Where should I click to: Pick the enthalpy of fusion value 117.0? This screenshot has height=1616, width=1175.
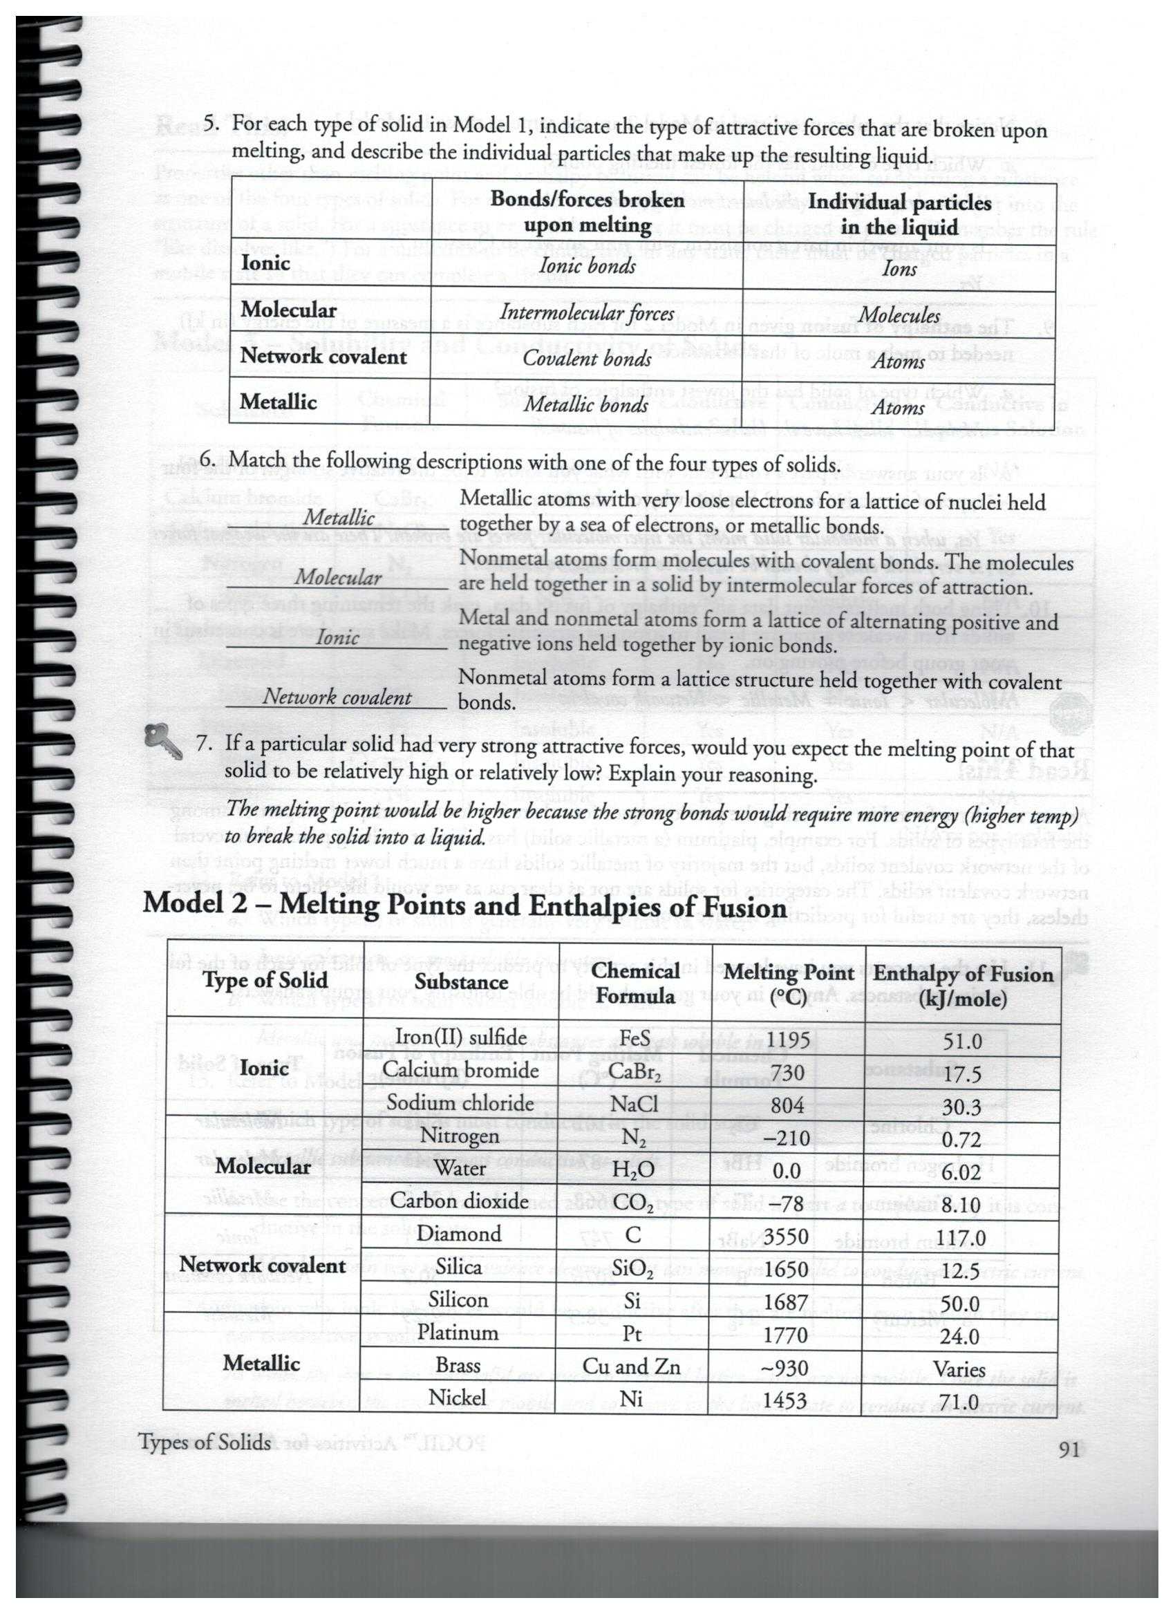[x=962, y=1239]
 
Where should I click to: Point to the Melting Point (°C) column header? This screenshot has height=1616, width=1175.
[x=788, y=984]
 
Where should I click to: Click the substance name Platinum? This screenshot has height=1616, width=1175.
[x=458, y=1332]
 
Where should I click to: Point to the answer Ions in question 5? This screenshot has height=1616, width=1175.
[x=899, y=269]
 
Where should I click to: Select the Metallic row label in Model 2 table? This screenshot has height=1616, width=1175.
[x=260, y=1363]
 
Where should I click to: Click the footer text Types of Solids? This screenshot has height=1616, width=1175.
[x=205, y=1444]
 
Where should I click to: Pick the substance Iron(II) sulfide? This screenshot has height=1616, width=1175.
[x=460, y=1037]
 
